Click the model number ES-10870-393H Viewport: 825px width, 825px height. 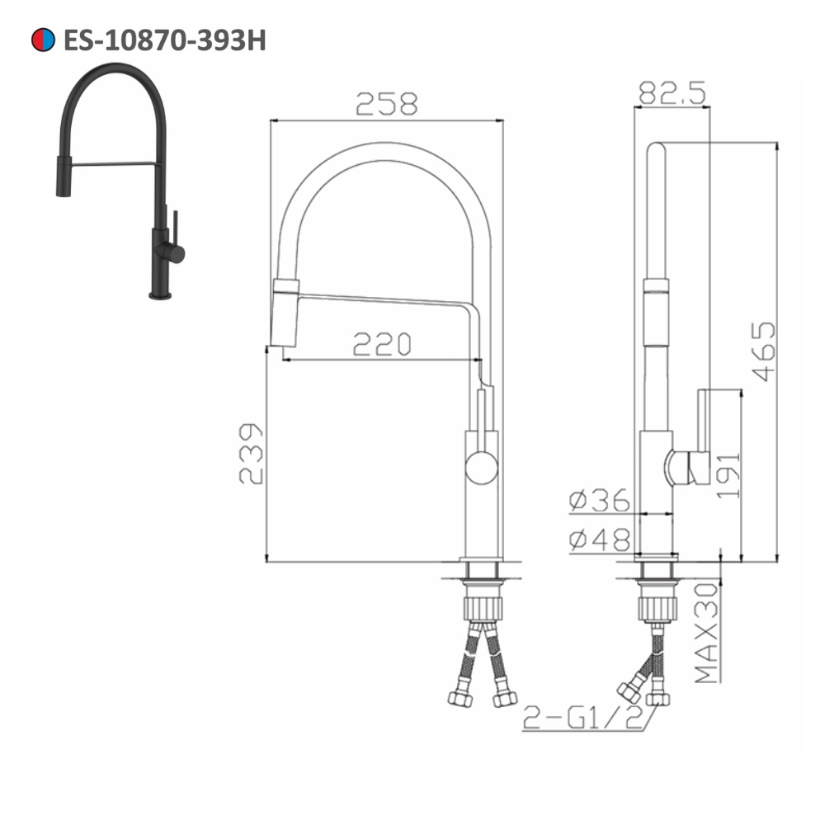tap(164, 40)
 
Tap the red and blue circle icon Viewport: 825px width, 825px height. tap(43, 40)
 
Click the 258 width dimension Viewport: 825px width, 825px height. tap(387, 104)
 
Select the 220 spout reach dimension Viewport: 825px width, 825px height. tap(381, 344)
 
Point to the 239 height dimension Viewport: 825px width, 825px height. tap(251, 454)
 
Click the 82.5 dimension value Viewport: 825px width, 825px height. tap(672, 93)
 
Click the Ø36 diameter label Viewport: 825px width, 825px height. tap(599, 501)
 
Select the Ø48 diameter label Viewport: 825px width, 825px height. tap(599, 540)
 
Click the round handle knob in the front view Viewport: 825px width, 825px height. tap(481, 469)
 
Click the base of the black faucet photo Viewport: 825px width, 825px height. tap(160, 292)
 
